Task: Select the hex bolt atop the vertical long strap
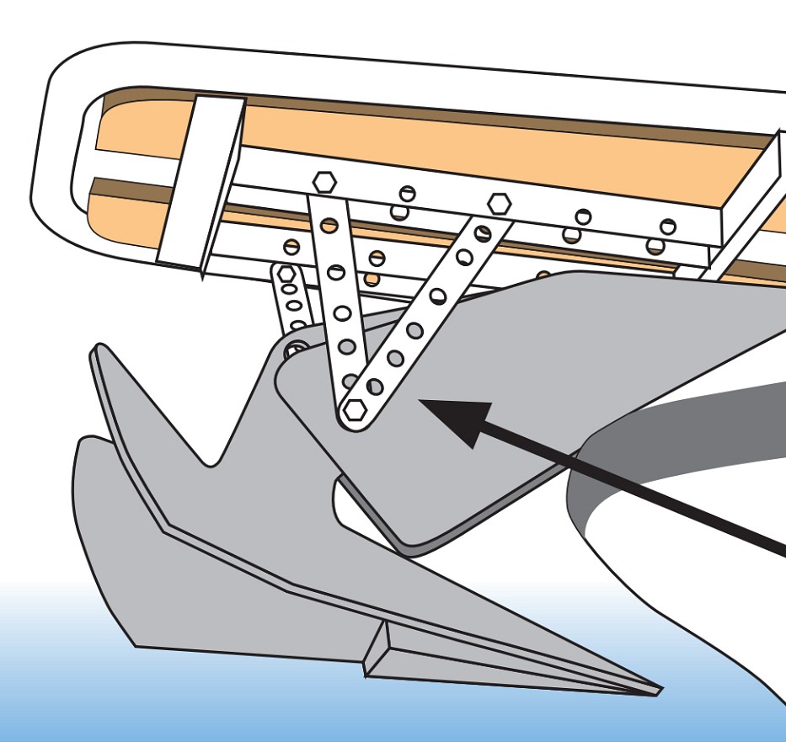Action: (324, 181)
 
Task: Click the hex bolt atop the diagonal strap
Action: (499, 203)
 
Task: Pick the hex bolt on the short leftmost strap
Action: (286, 275)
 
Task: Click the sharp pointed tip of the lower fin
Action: (658, 691)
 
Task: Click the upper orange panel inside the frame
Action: (421, 143)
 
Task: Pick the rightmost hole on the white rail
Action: (667, 226)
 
